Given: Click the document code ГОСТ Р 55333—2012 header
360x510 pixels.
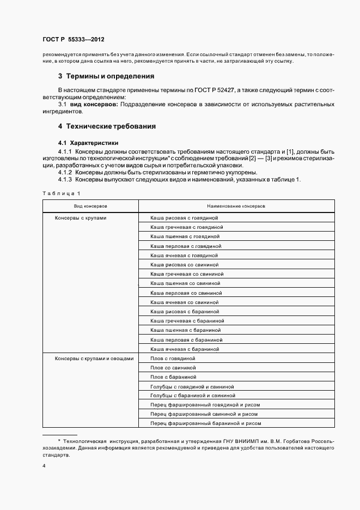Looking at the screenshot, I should coord(73,40).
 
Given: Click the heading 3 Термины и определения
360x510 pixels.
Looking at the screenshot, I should coord(106,76).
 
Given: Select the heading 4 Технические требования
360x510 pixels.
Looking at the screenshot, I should coord(107,126).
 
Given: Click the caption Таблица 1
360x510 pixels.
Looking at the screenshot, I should coord(61,193).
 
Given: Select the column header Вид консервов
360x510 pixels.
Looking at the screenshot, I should coord(90,207).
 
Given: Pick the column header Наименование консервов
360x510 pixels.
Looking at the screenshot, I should coord(236,207).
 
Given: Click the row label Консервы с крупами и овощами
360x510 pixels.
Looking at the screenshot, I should coord(94,359).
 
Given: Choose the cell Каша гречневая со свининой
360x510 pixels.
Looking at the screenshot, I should coord(187,274).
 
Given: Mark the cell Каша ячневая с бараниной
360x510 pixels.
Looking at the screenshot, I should coord(185,349).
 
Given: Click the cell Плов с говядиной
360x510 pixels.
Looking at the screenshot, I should coord(173,359).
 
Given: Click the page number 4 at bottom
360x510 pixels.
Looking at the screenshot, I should coord(44,467).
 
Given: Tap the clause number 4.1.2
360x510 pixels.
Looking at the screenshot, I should coord(65,173).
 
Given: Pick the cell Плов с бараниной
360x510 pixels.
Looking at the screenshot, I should coord(173,377).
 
